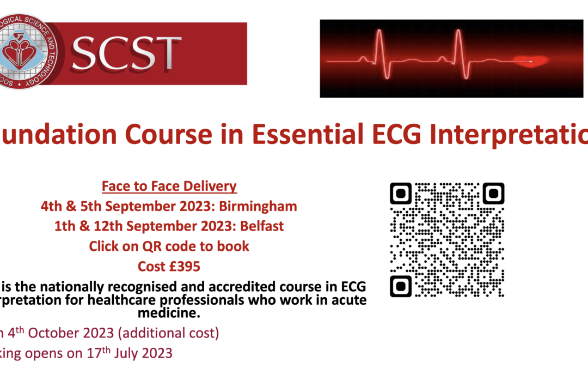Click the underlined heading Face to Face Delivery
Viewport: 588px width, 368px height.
pyautogui.click(x=169, y=186)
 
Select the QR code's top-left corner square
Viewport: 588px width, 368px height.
pyautogui.click(x=401, y=193)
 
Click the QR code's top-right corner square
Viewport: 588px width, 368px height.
pyautogui.click(x=494, y=193)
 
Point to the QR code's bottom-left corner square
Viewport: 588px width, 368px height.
pyautogui.click(x=401, y=286)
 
